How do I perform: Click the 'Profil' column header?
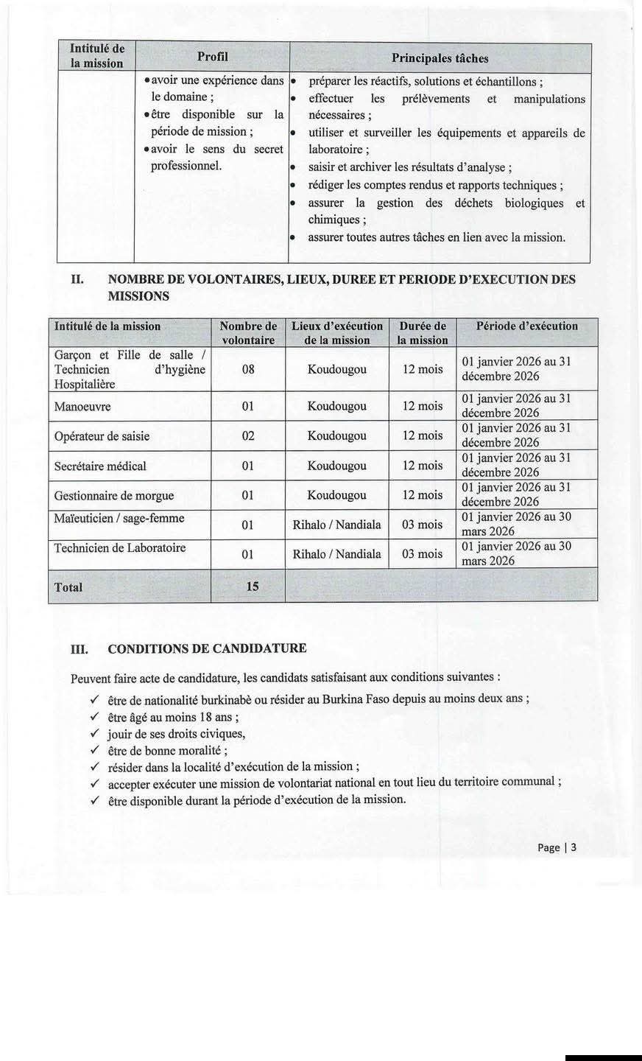pos(212,57)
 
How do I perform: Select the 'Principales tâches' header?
pos(440,58)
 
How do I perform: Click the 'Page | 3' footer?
pos(557,847)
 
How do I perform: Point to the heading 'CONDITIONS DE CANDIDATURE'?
pos(207,649)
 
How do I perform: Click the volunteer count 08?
pos(248,369)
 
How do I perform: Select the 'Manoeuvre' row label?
pos(82,407)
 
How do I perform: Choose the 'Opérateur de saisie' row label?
pos(102,436)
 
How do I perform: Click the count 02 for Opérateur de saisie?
pos(248,436)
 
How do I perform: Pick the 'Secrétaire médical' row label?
pos(100,466)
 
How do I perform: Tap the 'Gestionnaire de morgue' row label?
pos(114,496)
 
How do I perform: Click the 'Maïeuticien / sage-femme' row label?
pos(119,519)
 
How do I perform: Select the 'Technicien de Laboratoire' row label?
pos(120,548)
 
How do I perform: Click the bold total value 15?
pos(252,587)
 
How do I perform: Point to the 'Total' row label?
pos(68,588)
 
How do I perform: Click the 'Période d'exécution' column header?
pos(527,326)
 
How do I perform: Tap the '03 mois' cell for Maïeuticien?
pos(423,525)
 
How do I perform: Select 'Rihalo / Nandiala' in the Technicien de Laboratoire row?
pos(337,554)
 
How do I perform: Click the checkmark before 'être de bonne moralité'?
pos(94,750)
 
